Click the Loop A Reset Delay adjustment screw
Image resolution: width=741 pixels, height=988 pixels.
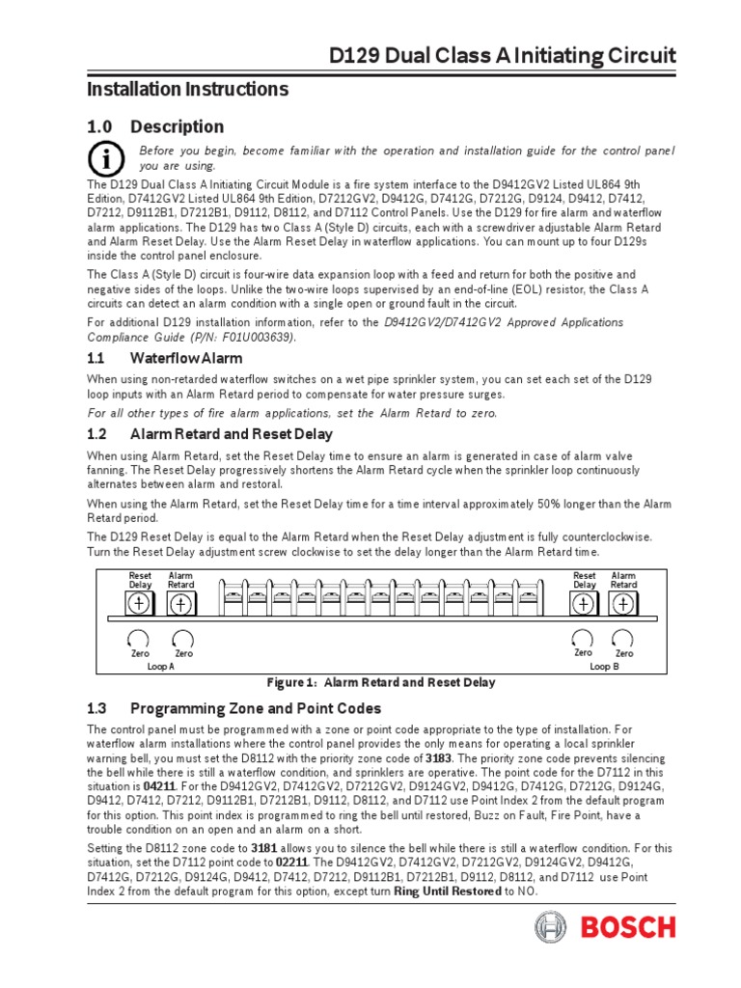140,603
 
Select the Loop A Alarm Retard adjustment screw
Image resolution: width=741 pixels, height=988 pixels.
180,603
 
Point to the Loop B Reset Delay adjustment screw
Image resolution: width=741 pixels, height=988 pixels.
584,603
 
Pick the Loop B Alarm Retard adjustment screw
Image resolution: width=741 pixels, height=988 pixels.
623,603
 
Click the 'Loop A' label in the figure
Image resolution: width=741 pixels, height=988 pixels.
160,667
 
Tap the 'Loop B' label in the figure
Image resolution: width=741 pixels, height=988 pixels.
603,667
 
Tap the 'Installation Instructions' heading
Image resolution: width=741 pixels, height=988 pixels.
188,90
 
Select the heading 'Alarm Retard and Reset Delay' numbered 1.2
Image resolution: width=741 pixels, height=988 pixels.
232,434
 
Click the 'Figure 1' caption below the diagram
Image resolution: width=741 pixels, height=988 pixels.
381,682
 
